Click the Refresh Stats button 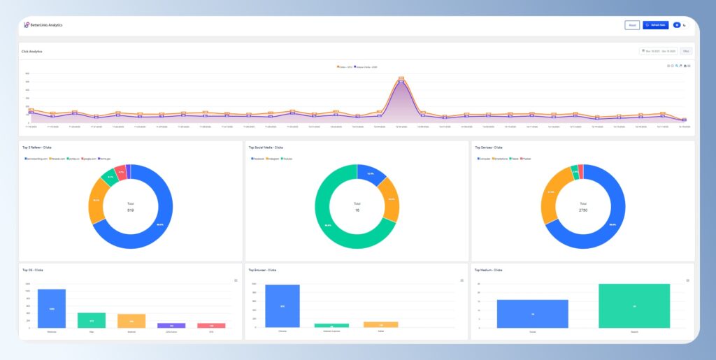point(655,25)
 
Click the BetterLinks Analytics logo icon point(27,25)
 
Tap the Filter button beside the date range point(686,51)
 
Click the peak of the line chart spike point(401,79)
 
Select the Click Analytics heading point(32,51)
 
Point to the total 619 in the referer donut point(130,210)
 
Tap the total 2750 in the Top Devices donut point(583,210)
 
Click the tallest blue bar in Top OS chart point(52,308)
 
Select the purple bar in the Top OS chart point(171,325)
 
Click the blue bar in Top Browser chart point(282,305)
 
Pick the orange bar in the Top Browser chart point(380,324)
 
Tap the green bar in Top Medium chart point(634,305)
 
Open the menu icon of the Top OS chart point(234,280)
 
